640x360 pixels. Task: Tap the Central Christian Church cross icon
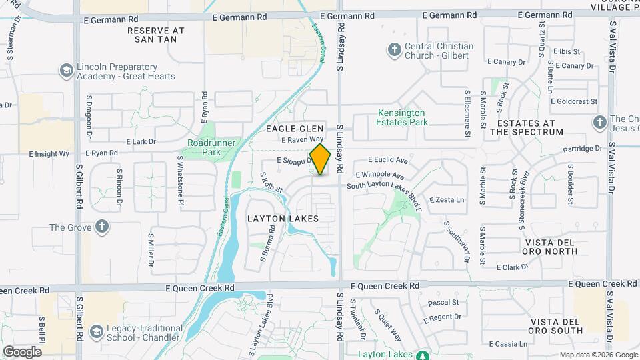pos(394,50)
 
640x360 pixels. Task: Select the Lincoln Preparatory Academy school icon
pos(66,70)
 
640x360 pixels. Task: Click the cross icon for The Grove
pos(101,227)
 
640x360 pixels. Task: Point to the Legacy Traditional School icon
pos(97,331)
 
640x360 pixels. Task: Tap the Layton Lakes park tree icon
pos(422,355)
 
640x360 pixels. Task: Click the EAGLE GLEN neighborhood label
pos(295,128)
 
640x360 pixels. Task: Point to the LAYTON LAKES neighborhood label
pos(283,219)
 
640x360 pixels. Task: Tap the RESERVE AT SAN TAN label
pos(155,35)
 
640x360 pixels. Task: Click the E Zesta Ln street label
pos(446,199)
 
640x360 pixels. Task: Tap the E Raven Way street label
pos(303,140)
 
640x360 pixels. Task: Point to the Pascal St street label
pos(444,302)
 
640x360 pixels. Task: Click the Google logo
pos(22,351)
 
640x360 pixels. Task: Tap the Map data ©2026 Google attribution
pos(598,355)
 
